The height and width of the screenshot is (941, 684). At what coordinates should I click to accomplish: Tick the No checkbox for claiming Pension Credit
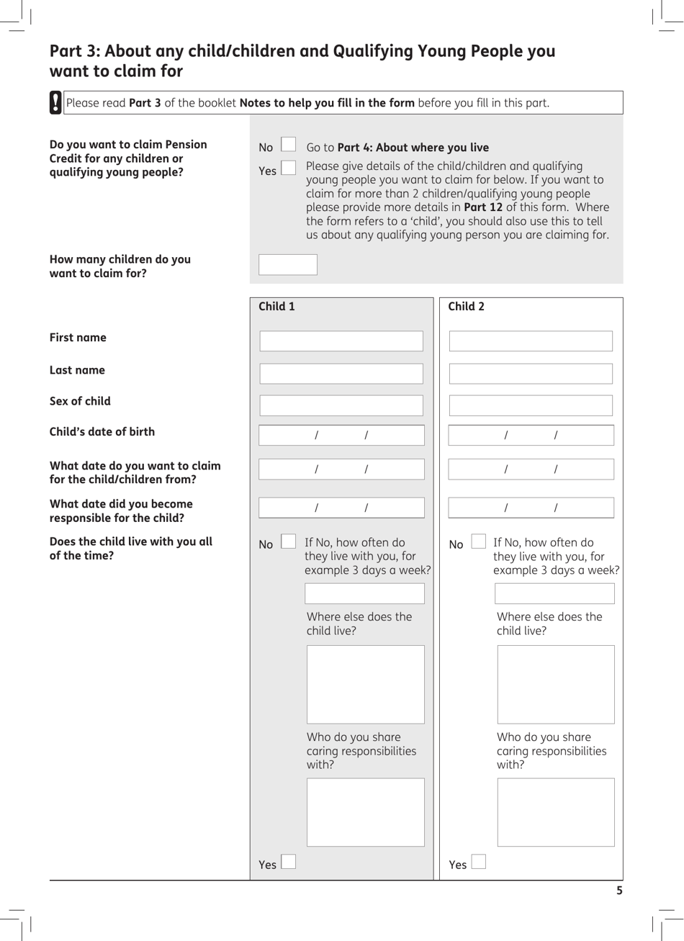(288, 145)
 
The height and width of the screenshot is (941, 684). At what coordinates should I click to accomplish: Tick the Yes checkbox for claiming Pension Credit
(288, 168)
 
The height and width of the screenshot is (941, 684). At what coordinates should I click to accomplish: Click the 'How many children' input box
(287, 265)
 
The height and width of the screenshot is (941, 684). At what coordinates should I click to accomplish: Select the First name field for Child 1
(341, 341)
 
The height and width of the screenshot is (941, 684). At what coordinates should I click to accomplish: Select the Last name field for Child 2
(531, 374)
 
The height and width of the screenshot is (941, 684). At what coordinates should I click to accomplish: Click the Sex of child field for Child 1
(341, 405)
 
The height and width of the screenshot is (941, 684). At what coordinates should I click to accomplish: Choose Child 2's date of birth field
(531, 436)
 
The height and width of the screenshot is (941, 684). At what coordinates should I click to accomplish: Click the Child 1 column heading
(276, 307)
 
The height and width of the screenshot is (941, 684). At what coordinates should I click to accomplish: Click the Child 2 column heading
(466, 307)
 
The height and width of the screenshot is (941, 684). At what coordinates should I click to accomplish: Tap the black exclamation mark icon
(55, 102)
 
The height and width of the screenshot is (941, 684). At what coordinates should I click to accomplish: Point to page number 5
(619, 891)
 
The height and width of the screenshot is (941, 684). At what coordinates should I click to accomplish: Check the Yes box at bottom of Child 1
(288, 862)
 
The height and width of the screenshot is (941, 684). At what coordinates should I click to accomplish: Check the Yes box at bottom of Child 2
(478, 862)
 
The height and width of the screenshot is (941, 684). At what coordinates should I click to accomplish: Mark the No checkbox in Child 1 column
(288, 541)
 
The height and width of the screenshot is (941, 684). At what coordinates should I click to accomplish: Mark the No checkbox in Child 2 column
(478, 541)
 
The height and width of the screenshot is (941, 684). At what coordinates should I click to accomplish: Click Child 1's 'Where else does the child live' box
(365, 684)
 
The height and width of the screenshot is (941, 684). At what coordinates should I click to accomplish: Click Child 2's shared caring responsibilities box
(556, 812)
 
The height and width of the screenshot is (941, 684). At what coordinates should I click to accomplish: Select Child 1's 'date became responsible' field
(341, 508)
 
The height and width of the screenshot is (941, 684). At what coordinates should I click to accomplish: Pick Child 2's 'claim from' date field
(531, 469)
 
